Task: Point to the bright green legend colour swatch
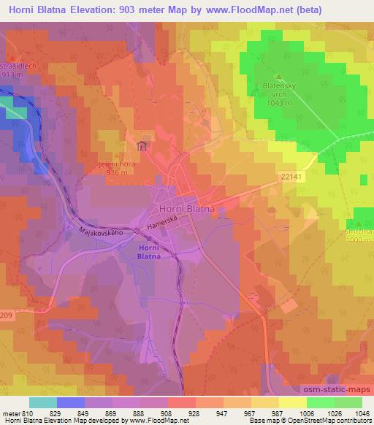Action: tap(348, 402)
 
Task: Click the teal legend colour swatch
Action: tap(43, 402)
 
